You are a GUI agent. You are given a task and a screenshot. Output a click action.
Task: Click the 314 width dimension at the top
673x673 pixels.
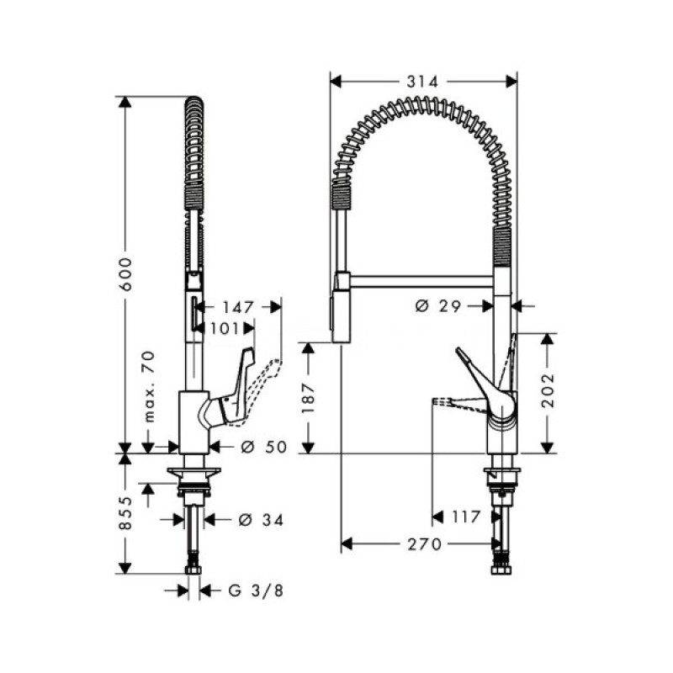click(422, 82)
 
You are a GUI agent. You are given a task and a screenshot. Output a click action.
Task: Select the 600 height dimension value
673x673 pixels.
click(127, 273)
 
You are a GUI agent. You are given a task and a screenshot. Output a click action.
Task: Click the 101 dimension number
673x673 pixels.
click(225, 329)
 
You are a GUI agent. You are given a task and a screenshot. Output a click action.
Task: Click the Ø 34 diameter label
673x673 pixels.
click(259, 519)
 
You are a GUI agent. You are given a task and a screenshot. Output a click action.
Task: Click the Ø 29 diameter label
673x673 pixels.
click(437, 306)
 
